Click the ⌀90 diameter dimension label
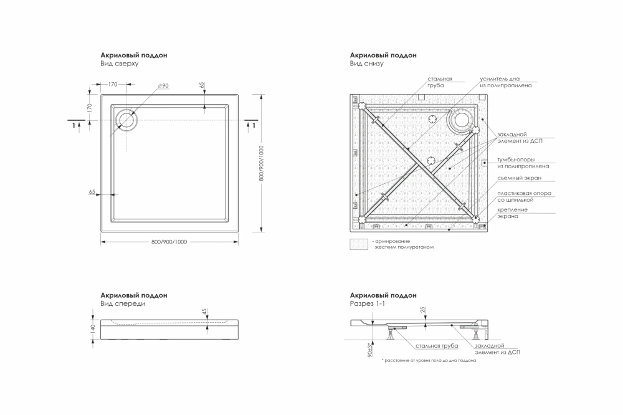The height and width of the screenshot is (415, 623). [x=163, y=85]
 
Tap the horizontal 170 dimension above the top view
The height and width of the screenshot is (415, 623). [x=113, y=84]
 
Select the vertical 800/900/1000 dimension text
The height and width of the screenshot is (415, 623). [x=261, y=163]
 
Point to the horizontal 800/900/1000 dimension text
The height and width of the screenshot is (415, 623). [x=169, y=242]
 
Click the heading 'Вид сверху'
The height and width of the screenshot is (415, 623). [x=119, y=63]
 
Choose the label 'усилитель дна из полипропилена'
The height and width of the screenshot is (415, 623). [x=505, y=82]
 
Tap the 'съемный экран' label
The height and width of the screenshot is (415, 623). [x=520, y=178]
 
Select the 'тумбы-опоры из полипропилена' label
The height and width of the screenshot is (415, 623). [x=523, y=163]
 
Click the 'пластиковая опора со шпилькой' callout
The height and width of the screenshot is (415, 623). [x=524, y=196]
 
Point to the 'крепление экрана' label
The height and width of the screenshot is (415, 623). [x=513, y=212]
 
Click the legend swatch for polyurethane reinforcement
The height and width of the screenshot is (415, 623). [x=359, y=244]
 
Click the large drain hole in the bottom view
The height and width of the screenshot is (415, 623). [x=462, y=120]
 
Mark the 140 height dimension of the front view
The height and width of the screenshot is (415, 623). [x=93, y=329]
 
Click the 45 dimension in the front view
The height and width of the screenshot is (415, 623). [x=204, y=312]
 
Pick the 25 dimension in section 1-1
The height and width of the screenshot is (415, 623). [x=423, y=309]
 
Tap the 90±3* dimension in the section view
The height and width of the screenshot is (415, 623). [x=370, y=350]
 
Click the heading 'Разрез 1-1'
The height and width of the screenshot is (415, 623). [x=368, y=303]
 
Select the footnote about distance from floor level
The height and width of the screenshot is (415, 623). [x=429, y=361]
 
